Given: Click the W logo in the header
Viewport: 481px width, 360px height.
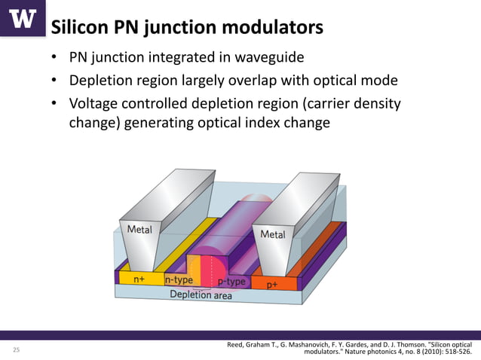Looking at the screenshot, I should point(22,18).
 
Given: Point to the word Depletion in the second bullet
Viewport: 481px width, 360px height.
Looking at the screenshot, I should point(103,81).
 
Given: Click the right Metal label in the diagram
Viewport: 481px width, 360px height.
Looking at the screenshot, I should point(273,234).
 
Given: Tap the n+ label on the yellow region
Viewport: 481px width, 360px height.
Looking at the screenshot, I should point(140,279).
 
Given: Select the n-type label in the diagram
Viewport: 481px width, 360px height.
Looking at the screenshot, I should point(179,280).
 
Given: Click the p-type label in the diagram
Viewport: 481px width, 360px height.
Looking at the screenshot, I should point(231,282).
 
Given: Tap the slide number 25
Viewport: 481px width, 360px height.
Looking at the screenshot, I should point(16,351).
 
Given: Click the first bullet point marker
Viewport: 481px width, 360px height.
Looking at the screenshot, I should point(54,59).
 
